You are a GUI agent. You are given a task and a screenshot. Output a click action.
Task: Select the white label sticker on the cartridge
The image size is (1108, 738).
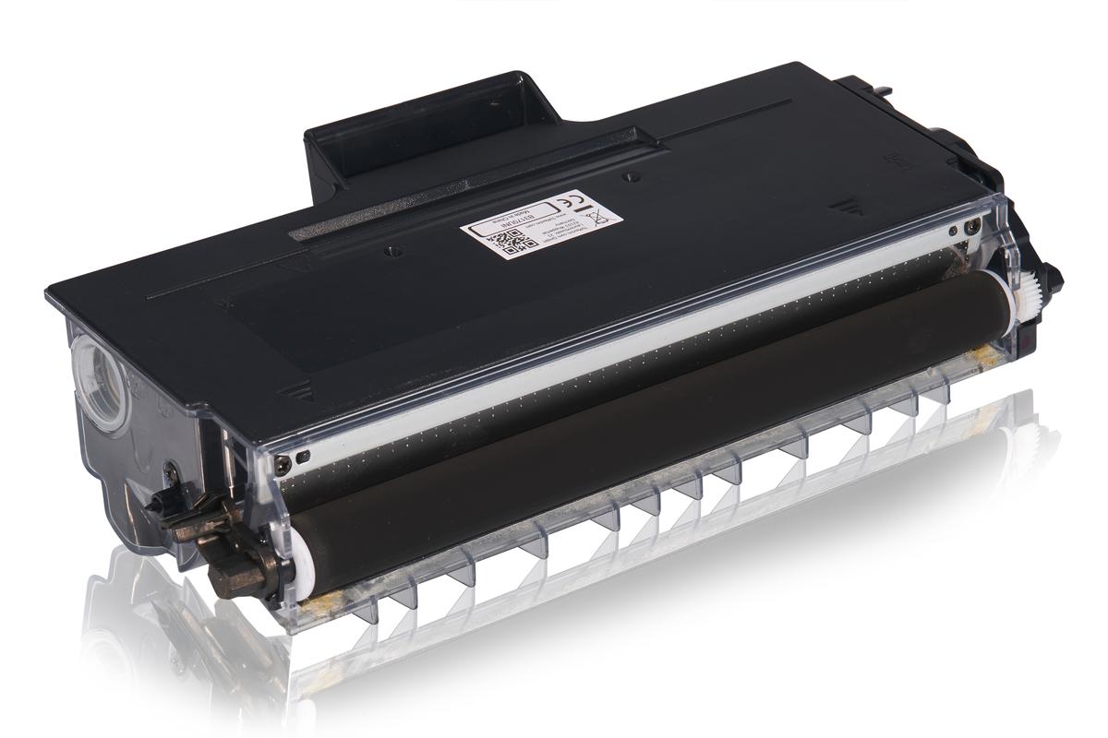540,222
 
